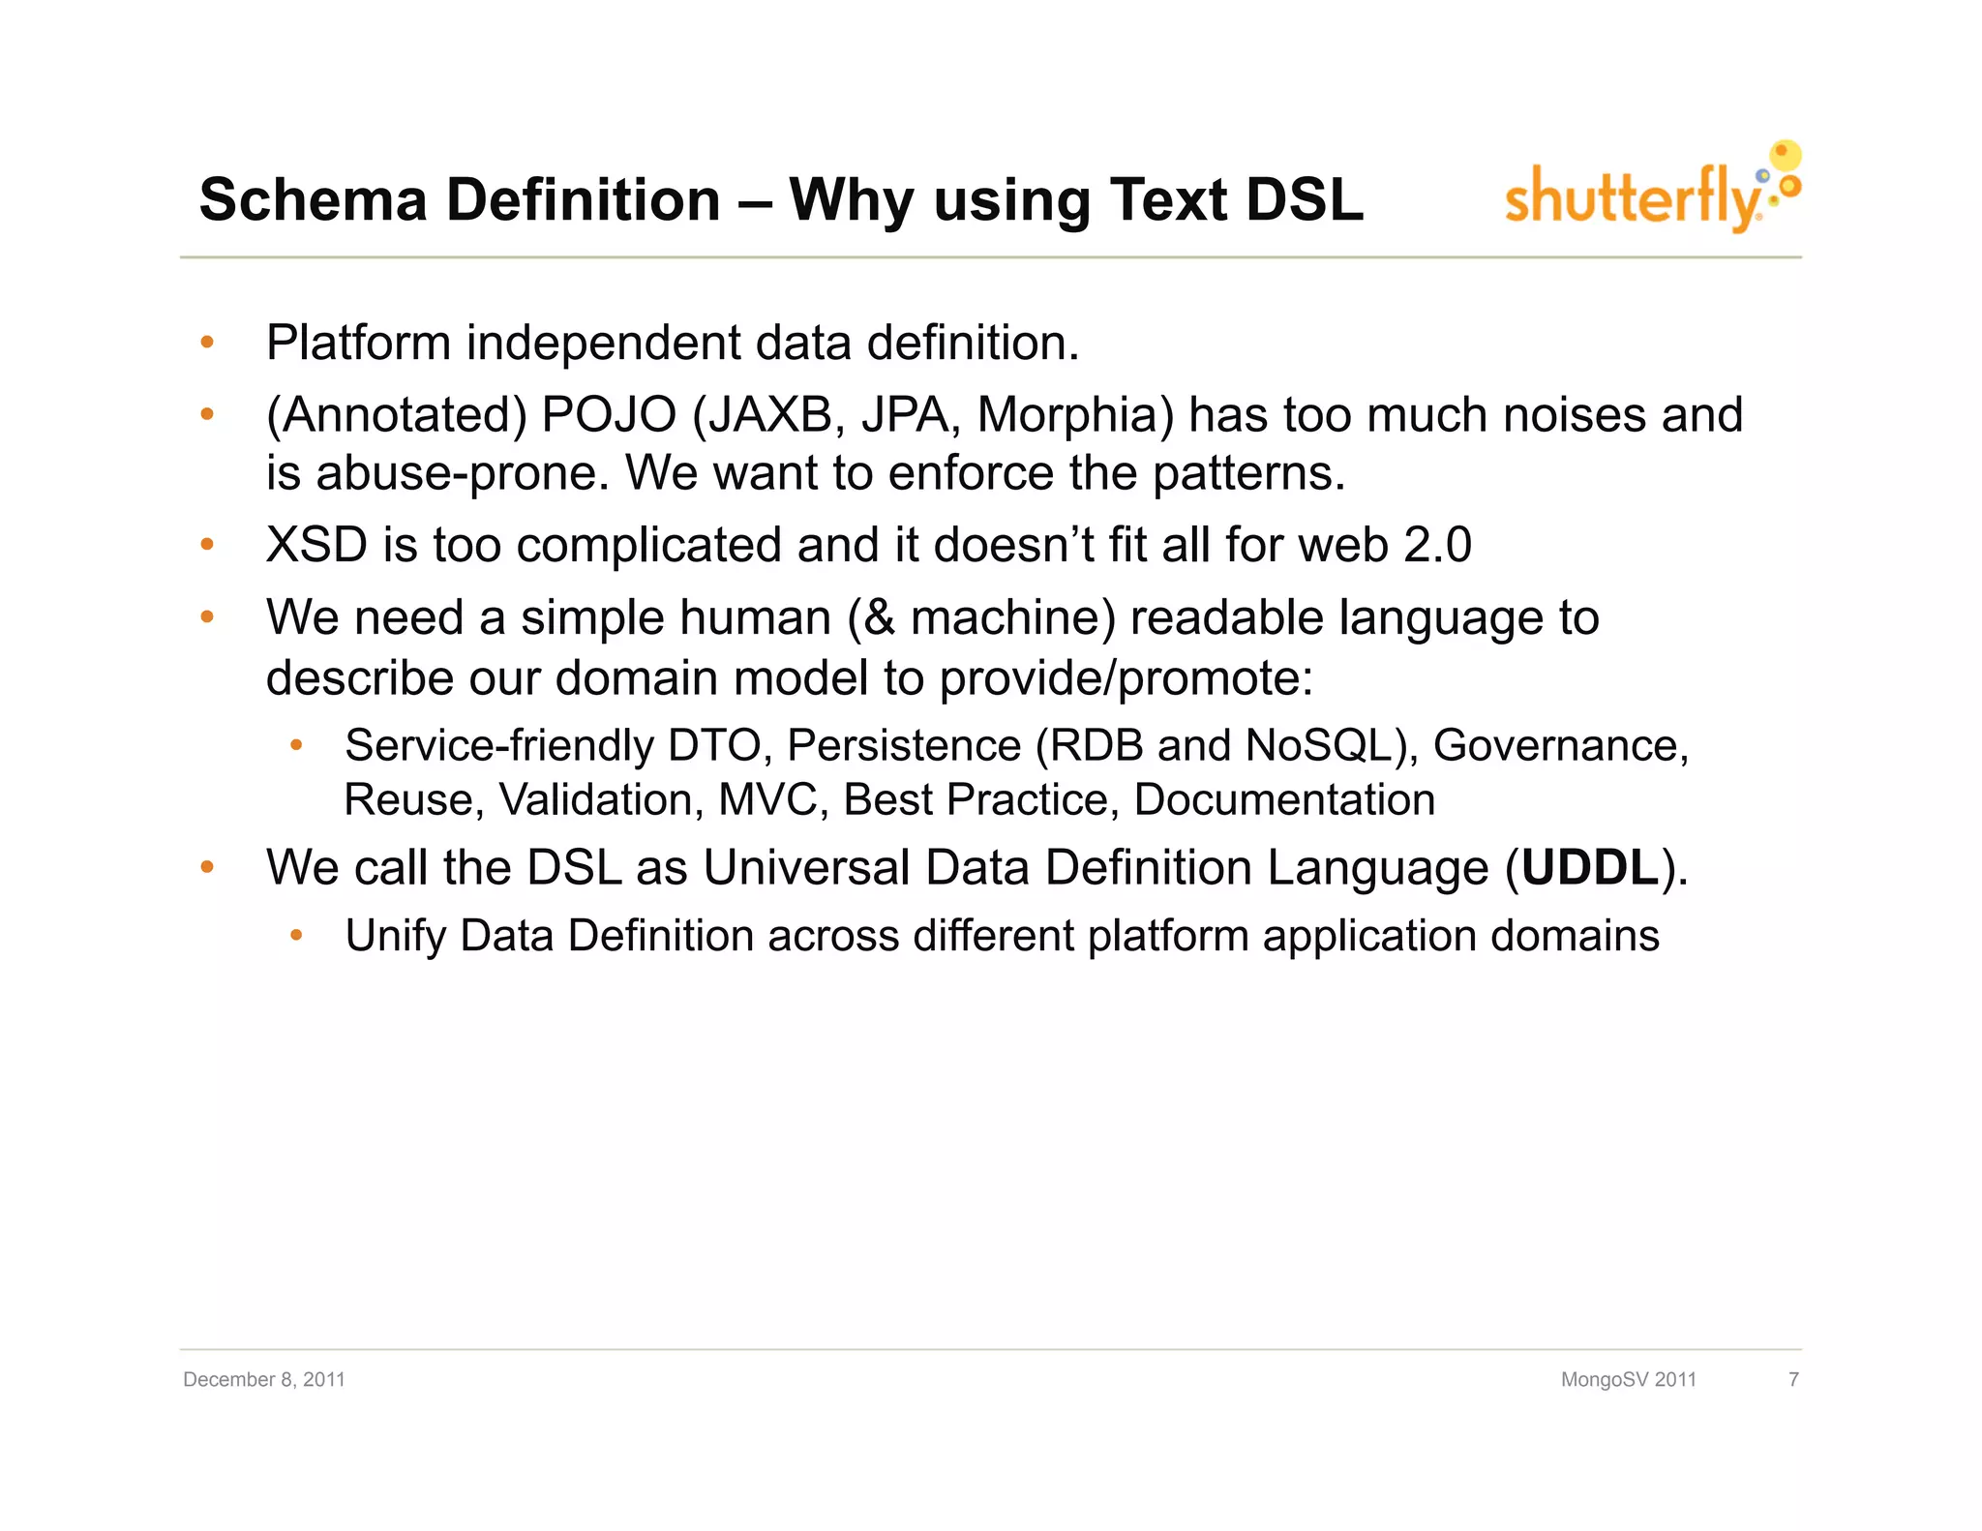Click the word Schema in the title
[313, 200]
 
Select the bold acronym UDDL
[1590, 867]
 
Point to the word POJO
[609, 415]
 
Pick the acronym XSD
[316, 545]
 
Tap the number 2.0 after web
[1437, 545]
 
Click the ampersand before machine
[879, 618]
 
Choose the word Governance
[1559, 746]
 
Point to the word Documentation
[1284, 800]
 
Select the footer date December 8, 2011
[264, 1379]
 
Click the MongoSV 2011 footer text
[1628, 1379]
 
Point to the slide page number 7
[1793, 1379]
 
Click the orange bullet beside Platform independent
[206, 342]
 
